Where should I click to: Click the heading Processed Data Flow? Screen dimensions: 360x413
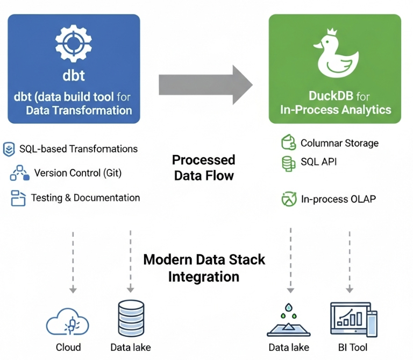tap(204, 167)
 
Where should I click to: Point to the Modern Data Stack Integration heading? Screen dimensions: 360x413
tap(204, 268)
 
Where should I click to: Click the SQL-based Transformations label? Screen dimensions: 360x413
tap(79, 149)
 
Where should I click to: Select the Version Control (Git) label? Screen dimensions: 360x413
tap(78, 173)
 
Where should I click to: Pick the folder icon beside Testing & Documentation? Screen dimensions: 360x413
tap(18, 198)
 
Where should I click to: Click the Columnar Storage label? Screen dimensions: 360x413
tap(339, 143)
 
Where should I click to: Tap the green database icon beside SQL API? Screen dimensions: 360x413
tap(289, 163)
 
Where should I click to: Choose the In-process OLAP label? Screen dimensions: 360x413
tap(338, 199)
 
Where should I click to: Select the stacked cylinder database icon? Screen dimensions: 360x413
tap(131, 319)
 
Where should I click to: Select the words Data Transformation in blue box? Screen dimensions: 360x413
tap(79, 110)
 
